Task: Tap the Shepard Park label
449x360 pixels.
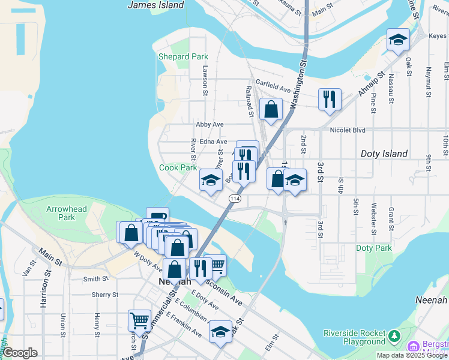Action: pos(182,57)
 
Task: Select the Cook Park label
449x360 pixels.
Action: pos(178,168)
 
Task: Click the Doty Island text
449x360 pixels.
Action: pos(384,154)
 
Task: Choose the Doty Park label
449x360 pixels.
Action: pos(373,248)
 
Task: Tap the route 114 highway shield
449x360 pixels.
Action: pos(235,198)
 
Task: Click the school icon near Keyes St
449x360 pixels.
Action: pos(398,40)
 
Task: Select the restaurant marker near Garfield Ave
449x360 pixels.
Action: pos(330,99)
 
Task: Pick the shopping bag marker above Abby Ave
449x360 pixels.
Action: pos(271,109)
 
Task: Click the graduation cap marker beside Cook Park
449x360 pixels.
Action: pos(211,180)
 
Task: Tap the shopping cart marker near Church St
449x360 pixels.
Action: pos(139,320)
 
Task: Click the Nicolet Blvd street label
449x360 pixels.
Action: pos(348,130)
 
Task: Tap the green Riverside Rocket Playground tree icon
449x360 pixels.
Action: pos(394,334)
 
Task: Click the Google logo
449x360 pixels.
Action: pos(20,353)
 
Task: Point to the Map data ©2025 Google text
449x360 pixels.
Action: pos(412,355)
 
